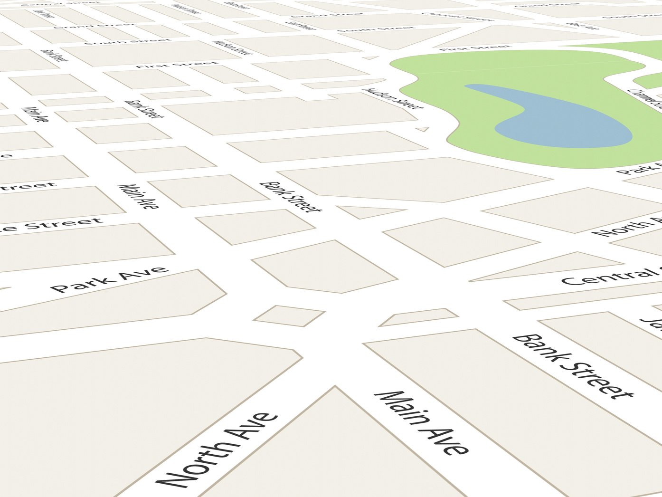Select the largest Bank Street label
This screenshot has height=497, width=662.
573,366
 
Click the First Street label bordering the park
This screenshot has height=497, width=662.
475,48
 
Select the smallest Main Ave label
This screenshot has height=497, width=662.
35,114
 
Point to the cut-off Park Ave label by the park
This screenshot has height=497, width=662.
639,169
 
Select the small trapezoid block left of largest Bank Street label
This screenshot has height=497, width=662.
418,317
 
